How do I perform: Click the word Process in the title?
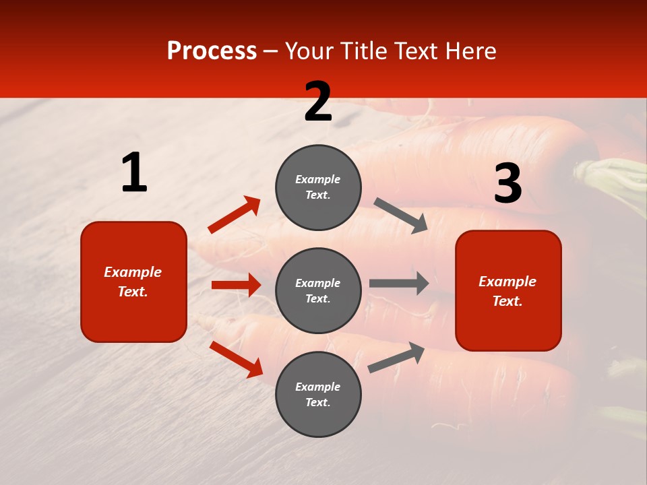[212, 51]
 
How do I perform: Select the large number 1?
[134, 173]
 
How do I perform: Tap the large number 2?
[318, 102]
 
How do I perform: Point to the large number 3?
[507, 184]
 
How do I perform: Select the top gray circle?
[318, 187]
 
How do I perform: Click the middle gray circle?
[318, 291]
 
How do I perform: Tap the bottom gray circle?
[318, 395]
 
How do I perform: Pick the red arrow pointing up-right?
[235, 215]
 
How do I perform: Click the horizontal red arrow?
[236, 285]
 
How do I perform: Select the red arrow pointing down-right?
[236, 359]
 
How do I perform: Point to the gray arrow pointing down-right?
[400, 216]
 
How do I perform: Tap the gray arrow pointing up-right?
[396, 357]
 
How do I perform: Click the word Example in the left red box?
[133, 272]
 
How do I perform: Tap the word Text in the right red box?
[507, 301]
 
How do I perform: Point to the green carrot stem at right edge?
[617, 179]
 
